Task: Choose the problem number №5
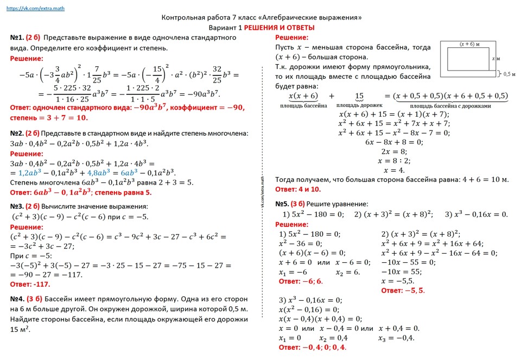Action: click(x=282, y=204)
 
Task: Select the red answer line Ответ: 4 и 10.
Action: click(x=298, y=190)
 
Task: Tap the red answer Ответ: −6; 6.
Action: click(x=301, y=281)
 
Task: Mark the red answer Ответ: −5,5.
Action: click(x=403, y=290)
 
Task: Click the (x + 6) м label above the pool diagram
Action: click(x=469, y=43)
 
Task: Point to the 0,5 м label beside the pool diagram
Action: click(x=509, y=74)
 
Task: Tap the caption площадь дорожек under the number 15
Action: click(x=359, y=105)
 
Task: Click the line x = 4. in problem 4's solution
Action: click(x=394, y=170)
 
